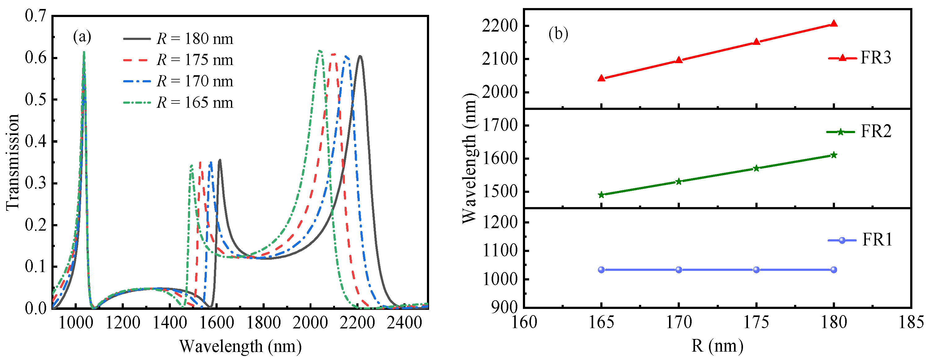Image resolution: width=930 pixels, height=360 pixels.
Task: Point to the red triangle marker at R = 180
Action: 834,24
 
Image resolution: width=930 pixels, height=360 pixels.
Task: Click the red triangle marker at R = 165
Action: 602,78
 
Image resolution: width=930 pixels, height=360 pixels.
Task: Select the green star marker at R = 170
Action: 679,182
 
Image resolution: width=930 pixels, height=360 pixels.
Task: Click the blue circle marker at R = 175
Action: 756,270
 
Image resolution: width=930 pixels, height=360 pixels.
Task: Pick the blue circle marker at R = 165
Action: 602,270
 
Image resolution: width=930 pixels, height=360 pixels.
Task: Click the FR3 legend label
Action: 876,58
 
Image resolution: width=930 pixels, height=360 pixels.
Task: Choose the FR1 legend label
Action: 877,240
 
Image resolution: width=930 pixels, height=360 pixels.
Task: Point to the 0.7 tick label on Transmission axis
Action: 35,15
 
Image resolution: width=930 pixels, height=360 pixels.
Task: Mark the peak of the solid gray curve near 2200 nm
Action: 360,56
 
